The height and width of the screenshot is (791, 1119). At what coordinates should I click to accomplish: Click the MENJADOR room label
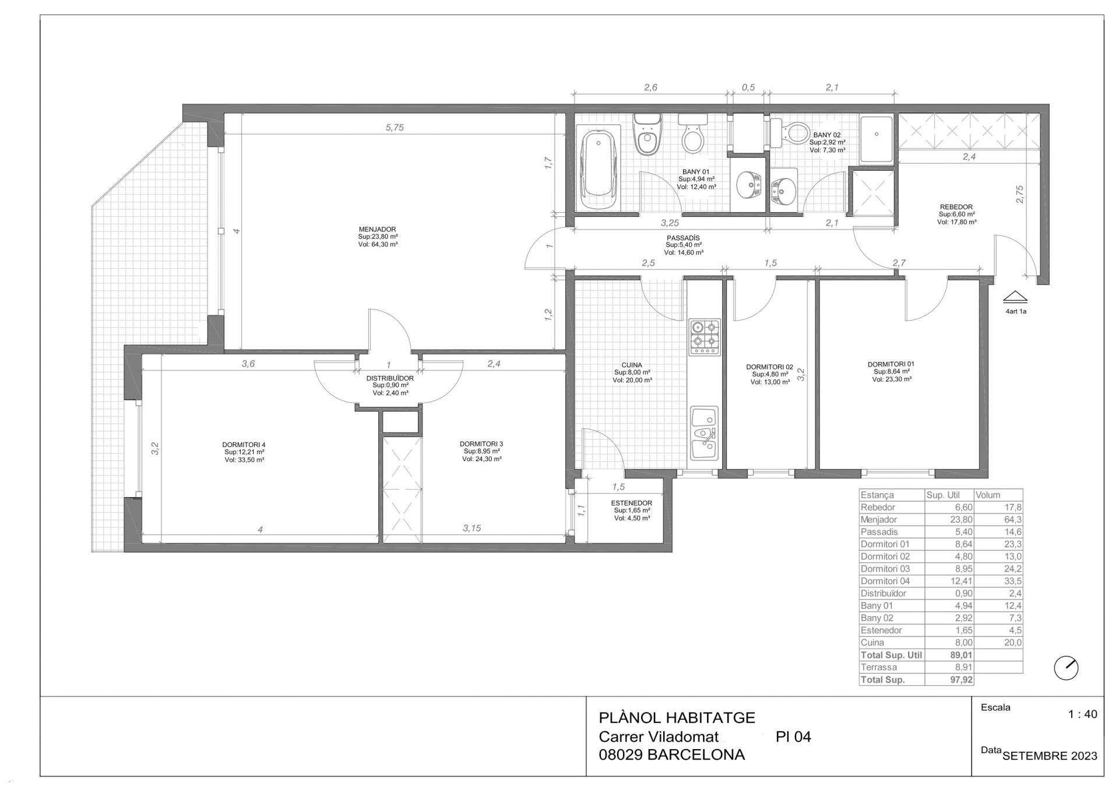coord(378,229)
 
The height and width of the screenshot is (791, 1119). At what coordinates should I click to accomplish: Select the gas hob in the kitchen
coord(705,337)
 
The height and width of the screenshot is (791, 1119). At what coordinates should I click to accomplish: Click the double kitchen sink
coord(705,434)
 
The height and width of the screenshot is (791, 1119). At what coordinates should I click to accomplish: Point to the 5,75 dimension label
coord(395,128)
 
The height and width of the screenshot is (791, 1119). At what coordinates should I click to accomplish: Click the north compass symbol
coord(1066,668)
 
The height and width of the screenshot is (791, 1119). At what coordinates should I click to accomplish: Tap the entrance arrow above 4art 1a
coord(1015,297)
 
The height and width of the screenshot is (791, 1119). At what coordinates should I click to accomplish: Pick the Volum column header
coord(988,495)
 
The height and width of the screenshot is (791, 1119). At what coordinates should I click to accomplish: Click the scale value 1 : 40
coord(1082,714)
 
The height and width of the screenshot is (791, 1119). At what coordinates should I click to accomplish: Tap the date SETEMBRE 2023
coord(1050,756)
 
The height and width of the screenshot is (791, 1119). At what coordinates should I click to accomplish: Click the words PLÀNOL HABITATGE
coord(677,718)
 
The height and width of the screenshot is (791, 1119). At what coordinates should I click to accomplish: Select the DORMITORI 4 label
coord(244,445)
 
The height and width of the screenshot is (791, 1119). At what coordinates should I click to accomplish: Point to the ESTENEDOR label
coord(632,503)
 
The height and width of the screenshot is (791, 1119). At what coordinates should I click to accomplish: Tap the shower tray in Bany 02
coord(877,139)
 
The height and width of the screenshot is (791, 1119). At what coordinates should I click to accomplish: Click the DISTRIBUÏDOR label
coord(390,378)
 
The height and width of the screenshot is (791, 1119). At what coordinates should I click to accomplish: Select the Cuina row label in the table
coord(872,643)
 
